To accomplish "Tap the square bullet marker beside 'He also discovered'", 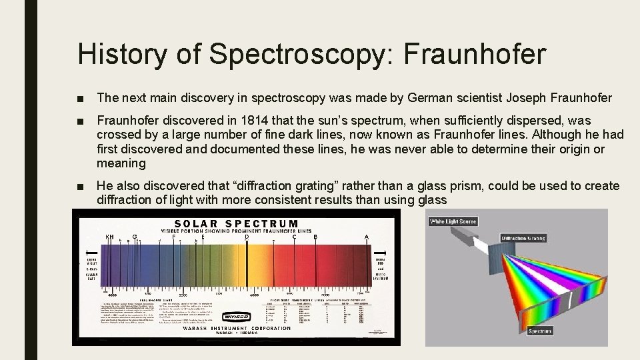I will (81, 186).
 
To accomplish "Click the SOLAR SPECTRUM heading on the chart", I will (237, 223).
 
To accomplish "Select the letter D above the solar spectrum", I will (247, 236).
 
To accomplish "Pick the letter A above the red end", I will (367, 237).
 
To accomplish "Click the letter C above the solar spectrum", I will (294, 236).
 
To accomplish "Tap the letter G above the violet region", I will (135, 236).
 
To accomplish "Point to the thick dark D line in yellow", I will (247, 267).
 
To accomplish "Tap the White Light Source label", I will (453, 221).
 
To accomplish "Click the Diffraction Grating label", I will (523, 238).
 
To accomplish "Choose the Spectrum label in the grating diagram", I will (540, 331).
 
